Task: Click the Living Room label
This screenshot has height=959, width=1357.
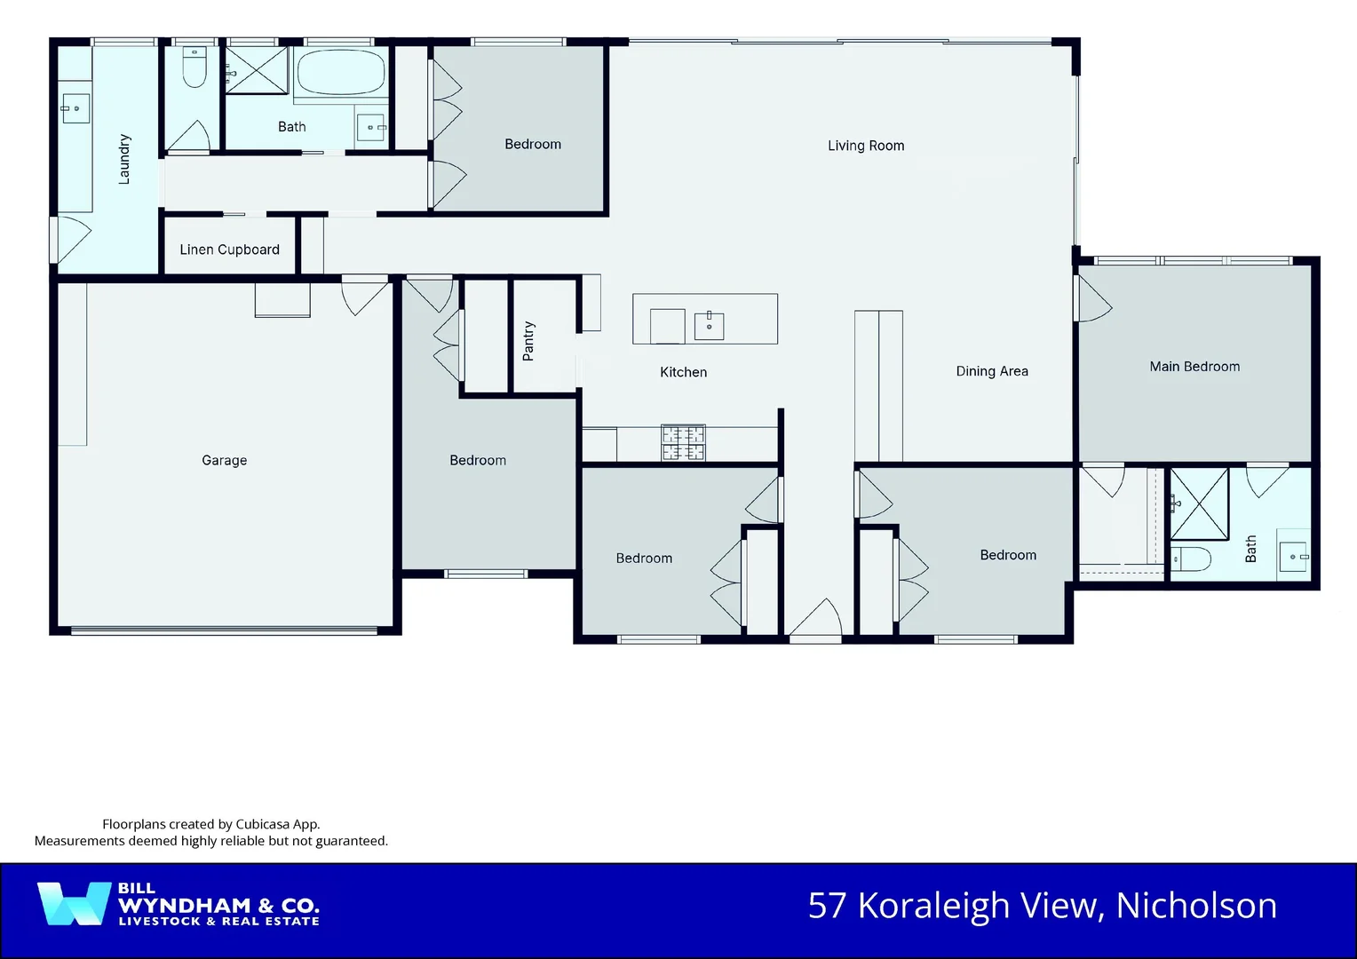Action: (x=866, y=146)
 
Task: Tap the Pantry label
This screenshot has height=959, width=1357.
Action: (x=528, y=341)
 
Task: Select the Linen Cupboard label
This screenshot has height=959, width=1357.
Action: (x=229, y=250)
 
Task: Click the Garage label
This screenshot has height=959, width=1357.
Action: (x=224, y=460)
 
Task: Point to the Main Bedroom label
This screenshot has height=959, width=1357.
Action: (x=1194, y=367)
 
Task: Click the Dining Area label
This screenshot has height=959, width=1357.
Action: (x=991, y=371)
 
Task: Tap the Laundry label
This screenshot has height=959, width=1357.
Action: (x=124, y=159)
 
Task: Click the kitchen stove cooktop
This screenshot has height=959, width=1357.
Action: (x=683, y=442)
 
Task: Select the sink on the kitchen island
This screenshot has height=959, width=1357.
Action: (x=709, y=326)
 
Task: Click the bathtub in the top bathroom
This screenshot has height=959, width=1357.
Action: (x=340, y=72)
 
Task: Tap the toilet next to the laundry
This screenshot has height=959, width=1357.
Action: (x=194, y=67)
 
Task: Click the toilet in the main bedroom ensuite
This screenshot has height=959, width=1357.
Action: (x=1191, y=559)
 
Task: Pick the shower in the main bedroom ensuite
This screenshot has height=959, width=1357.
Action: (x=1199, y=503)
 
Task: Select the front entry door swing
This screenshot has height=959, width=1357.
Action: (x=815, y=618)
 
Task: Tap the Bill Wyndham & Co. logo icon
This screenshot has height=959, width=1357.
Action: (x=74, y=904)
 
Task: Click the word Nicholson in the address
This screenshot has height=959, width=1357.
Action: (x=1195, y=906)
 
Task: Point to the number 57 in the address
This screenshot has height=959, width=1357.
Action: (x=828, y=906)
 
